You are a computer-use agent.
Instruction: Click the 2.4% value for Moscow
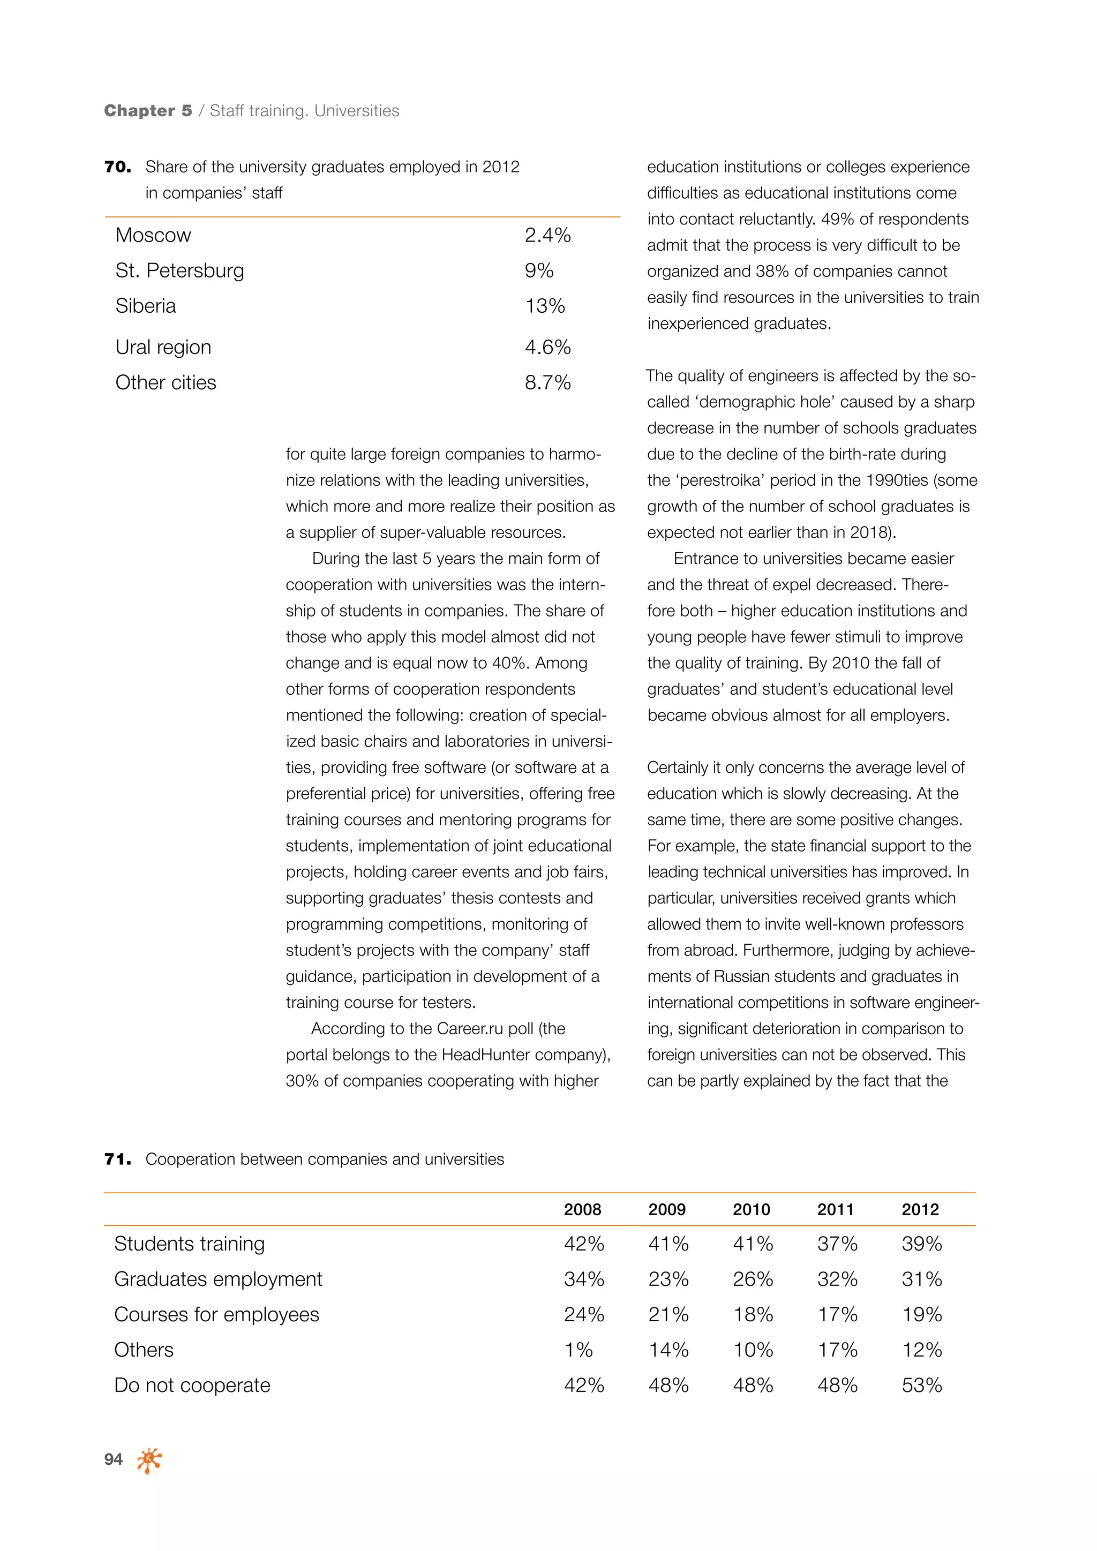tap(547, 235)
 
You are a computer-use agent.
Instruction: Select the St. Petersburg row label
tap(179, 270)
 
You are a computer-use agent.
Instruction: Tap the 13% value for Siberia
tap(544, 306)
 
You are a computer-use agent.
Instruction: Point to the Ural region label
tap(163, 347)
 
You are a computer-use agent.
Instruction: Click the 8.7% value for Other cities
tap(547, 382)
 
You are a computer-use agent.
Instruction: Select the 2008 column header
tap(582, 1209)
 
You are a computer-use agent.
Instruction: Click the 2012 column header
tap(920, 1209)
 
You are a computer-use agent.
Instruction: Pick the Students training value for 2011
tap(837, 1244)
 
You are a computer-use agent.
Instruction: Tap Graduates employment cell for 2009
tap(668, 1279)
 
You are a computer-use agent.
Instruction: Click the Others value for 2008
tap(578, 1350)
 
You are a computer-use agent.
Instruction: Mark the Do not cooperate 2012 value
tap(921, 1385)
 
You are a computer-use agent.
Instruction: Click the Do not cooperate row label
tap(192, 1385)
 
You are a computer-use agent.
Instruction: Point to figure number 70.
tap(117, 167)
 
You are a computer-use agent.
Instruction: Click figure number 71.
tap(117, 1159)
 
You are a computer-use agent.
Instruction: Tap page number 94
tap(114, 1459)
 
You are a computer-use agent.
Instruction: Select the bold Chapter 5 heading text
tap(148, 111)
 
